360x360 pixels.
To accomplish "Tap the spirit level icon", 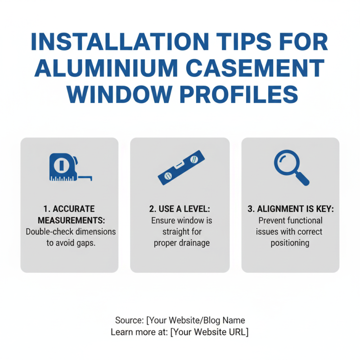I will click(x=181, y=167).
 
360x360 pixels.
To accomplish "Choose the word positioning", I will click(x=290, y=243).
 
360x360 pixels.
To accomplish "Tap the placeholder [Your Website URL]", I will click(x=209, y=332).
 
